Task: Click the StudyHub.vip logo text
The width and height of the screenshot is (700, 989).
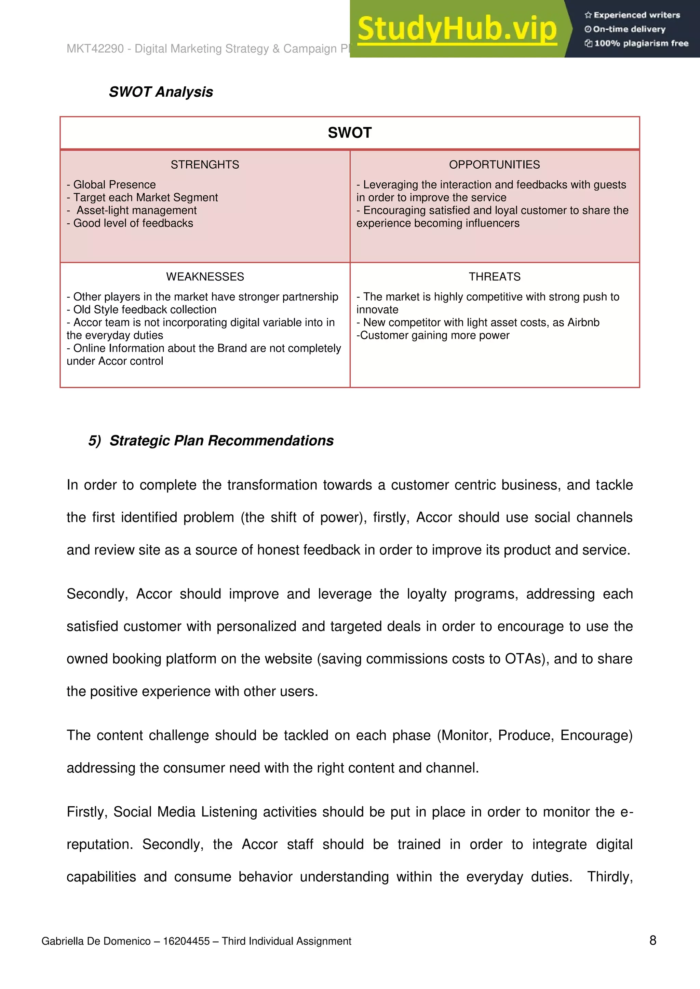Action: [457, 29]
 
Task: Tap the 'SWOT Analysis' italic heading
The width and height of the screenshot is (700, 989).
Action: [161, 92]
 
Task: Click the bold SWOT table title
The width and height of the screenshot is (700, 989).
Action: [350, 133]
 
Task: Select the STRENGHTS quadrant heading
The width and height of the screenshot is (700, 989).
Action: [205, 165]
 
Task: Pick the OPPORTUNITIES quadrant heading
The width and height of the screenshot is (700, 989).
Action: [494, 165]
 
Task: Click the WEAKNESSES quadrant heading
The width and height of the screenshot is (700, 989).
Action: [205, 277]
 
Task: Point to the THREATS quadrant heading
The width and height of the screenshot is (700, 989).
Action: [494, 277]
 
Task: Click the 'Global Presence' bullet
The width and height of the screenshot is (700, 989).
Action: [114, 184]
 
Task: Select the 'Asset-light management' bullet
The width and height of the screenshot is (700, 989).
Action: [136, 210]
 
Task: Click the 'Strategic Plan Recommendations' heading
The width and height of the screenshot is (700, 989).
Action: [221, 441]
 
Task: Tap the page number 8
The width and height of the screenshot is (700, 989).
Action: [652, 940]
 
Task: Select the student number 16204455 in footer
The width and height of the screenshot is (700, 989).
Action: [186, 941]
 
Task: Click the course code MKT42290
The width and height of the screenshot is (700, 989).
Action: [95, 49]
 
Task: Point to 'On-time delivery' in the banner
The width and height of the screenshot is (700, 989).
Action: [629, 29]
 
